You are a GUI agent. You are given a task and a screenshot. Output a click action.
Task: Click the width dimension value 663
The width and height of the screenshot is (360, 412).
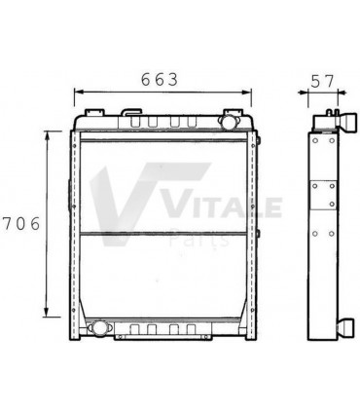coord(159,80)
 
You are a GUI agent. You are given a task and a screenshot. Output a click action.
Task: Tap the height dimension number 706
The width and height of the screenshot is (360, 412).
coord(20,223)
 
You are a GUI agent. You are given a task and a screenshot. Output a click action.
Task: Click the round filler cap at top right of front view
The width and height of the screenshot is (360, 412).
coord(231,126)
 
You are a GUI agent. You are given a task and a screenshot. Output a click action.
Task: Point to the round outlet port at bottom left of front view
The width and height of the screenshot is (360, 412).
coord(95,328)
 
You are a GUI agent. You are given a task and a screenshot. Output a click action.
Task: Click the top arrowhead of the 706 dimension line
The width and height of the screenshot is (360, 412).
coord(47,133)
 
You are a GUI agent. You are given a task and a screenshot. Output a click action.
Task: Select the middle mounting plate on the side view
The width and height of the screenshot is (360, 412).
coord(322,195)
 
